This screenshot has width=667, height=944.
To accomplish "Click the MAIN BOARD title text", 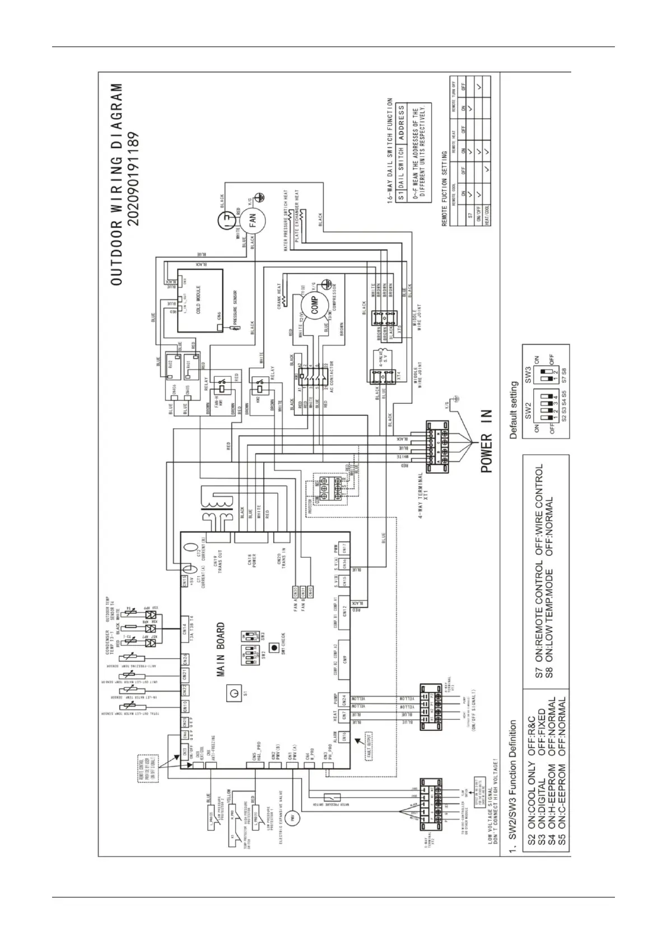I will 221,649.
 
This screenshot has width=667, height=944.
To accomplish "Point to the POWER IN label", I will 485,441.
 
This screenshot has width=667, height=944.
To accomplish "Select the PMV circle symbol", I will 291,818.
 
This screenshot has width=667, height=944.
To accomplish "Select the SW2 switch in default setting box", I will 539,415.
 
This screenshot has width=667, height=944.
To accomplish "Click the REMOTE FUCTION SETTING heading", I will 444,188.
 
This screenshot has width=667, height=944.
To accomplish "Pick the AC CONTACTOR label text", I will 332,379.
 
